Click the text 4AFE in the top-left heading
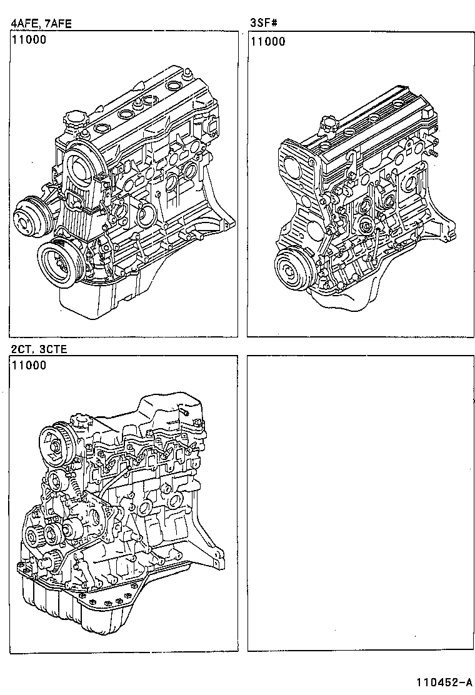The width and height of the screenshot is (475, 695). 23,24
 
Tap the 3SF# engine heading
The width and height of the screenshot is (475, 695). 263,24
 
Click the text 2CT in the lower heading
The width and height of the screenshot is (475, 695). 20,348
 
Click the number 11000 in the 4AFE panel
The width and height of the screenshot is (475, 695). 28,41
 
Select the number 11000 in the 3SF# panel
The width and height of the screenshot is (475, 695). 267,41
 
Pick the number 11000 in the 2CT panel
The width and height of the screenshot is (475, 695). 28,366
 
